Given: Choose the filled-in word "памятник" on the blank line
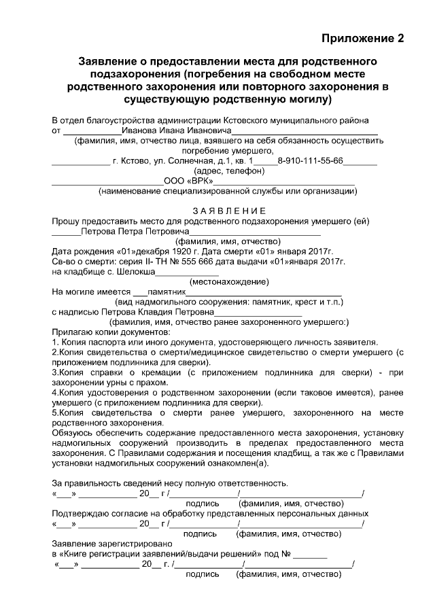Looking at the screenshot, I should pyautogui.click(x=167, y=292).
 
